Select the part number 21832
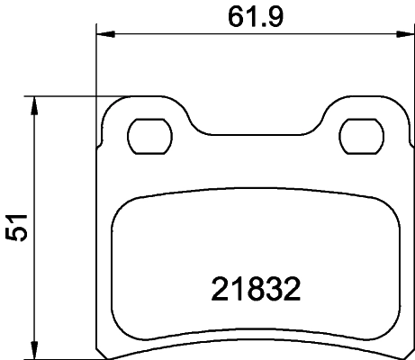[255, 290]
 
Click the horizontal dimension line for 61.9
[180, 35]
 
